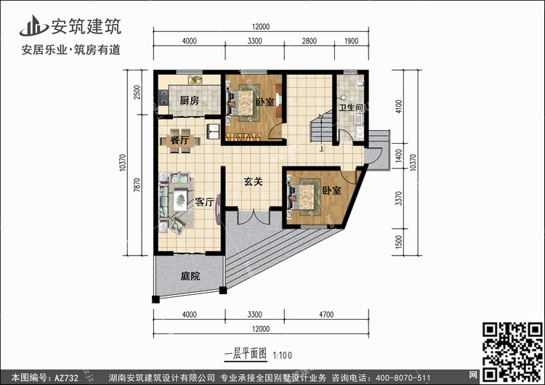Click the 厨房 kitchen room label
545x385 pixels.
click(x=190, y=101)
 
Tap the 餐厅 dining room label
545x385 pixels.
click(x=179, y=141)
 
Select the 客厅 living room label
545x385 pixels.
click(x=204, y=202)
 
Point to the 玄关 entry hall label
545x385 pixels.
click(x=253, y=182)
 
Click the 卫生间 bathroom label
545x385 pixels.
click(x=351, y=108)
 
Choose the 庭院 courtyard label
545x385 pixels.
click(x=190, y=276)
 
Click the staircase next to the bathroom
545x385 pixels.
click(x=321, y=126)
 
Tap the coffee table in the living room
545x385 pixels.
click(x=180, y=200)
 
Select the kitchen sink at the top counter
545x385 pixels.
click(x=195, y=80)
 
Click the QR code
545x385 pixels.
click(x=513, y=352)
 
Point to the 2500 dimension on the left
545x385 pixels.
click(x=137, y=92)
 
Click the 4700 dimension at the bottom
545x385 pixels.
click(x=326, y=315)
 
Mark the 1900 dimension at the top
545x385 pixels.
click(x=351, y=41)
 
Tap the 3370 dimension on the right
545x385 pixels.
click(x=399, y=198)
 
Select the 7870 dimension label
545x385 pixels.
click(x=137, y=185)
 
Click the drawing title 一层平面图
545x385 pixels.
click(x=246, y=354)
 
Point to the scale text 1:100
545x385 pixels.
click(x=283, y=355)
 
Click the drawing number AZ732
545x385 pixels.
click(x=66, y=378)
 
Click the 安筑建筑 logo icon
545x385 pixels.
click(x=33, y=26)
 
